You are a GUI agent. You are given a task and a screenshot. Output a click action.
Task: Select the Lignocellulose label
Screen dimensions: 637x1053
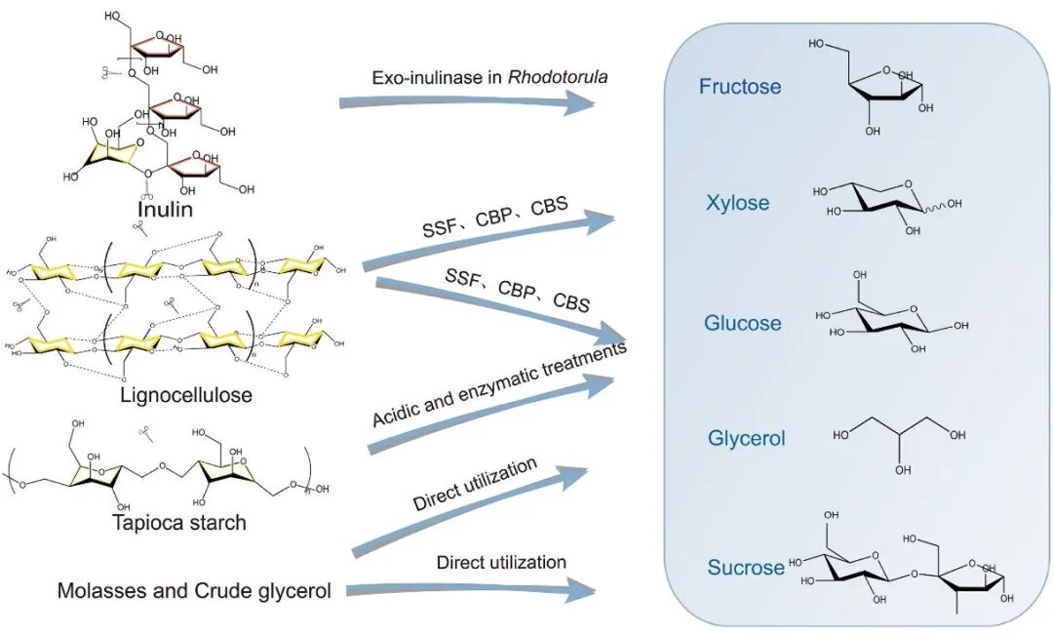186,395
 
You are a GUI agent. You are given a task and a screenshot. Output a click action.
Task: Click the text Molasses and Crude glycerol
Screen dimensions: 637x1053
194,590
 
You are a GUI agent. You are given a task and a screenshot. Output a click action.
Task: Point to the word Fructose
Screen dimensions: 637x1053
740,87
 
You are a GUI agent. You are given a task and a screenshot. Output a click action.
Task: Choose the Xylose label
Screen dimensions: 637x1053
738,204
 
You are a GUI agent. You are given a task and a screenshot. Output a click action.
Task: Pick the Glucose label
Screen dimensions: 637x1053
742,323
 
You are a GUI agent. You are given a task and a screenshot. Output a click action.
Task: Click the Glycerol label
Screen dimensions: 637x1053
747,439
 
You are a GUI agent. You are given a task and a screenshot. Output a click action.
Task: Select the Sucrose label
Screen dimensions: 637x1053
746,568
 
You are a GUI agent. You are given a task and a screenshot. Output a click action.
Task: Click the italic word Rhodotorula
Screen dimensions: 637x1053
558,77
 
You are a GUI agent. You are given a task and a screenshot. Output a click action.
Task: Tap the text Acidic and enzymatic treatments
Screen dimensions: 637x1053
498,384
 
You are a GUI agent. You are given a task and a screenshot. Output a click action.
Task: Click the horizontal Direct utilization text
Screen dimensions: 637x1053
501,563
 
